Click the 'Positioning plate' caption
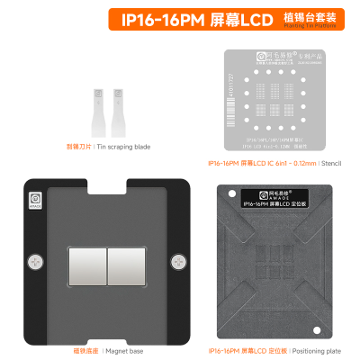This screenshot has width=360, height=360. [300, 349]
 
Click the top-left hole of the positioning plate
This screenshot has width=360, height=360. [229, 192]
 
